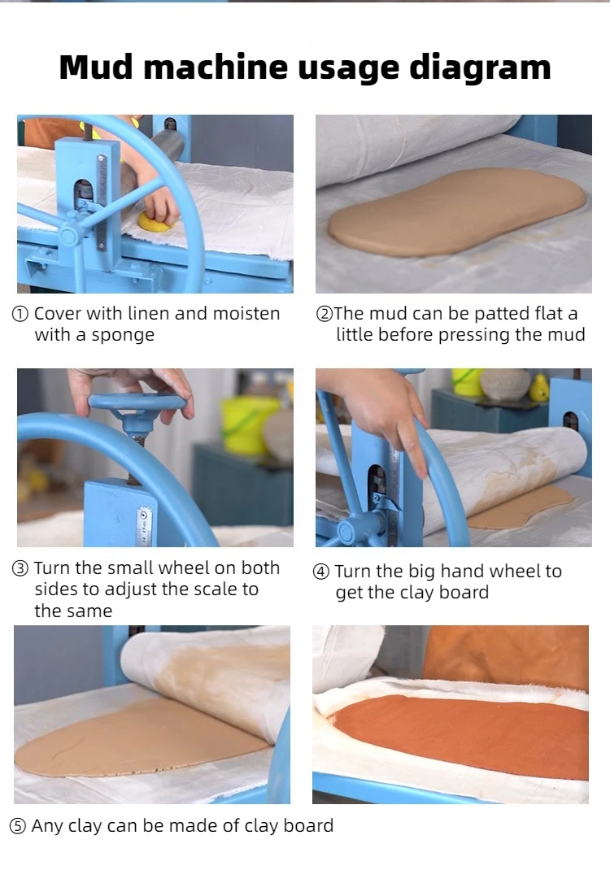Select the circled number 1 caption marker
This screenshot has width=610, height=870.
click(x=20, y=315)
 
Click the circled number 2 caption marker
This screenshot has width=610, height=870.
click(x=324, y=315)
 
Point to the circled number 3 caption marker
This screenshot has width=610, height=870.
click(x=20, y=569)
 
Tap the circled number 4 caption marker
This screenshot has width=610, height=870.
click(x=321, y=572)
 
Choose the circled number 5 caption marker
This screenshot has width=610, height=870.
click(x=18, y=827)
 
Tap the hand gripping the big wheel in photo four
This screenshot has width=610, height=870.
click(x=382, y=411)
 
